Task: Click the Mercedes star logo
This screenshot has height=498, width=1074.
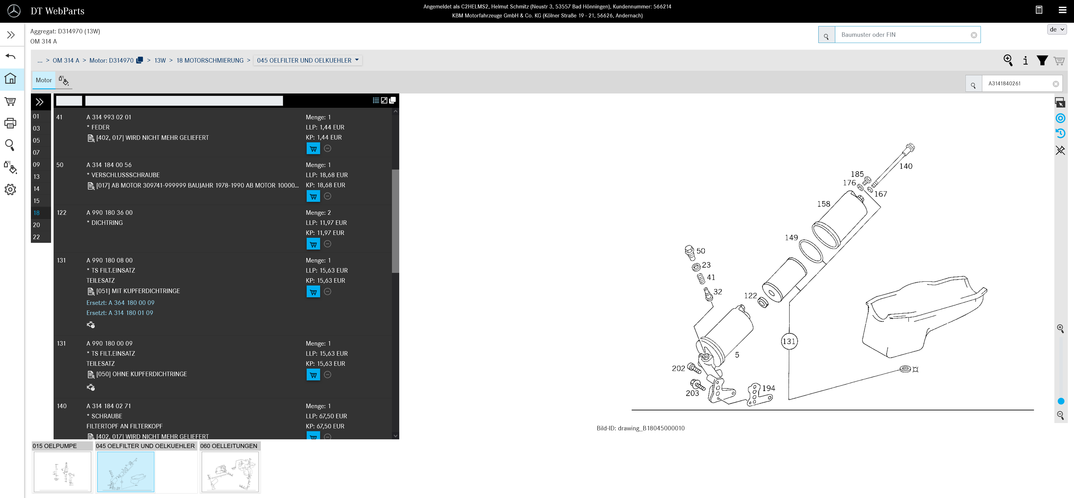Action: point(14,11)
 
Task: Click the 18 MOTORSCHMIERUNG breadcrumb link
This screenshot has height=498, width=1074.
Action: point(210,60)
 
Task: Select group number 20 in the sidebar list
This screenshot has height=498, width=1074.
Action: point(37,225)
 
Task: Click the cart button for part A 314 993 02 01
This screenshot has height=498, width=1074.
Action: point(313,149)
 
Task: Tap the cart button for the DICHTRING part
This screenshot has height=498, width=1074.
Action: point(313,244)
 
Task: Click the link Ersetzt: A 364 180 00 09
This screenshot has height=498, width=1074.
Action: point(120,303)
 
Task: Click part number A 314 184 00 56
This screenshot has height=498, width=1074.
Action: point(109,165)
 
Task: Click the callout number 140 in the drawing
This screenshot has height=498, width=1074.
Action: point(906,166)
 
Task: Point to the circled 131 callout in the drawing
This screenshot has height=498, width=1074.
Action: point(788,341)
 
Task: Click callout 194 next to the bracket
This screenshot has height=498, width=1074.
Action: point(768,388)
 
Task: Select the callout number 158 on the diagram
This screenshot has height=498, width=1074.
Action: point(823,204)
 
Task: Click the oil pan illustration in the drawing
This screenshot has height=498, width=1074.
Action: point(917,317)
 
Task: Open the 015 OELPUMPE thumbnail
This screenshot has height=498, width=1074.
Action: point(63,472)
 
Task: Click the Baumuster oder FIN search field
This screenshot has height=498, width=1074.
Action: point(904,35)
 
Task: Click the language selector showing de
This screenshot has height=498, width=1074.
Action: point(1057,29)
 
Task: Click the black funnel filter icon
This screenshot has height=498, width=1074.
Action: point(1042,60)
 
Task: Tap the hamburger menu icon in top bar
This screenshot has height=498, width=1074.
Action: point(1062,10)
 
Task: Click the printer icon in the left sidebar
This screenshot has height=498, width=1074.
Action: point(10,123)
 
